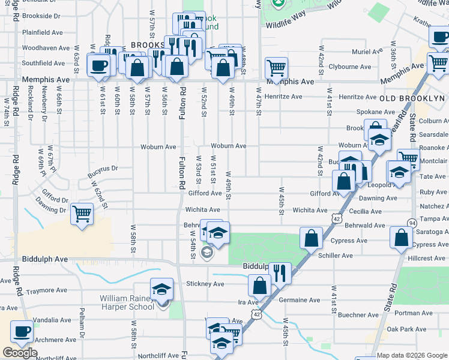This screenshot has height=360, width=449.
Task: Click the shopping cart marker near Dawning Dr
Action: point(81,214)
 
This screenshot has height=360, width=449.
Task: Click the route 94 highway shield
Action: point(412,223)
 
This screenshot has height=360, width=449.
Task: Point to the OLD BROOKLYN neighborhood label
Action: point(412,98)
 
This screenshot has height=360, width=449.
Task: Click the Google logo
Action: point(20,353)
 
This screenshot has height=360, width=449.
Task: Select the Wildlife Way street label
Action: point(286,13)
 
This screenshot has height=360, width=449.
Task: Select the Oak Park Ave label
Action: point(406,329)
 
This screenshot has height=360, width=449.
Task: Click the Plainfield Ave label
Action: point(43,32)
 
